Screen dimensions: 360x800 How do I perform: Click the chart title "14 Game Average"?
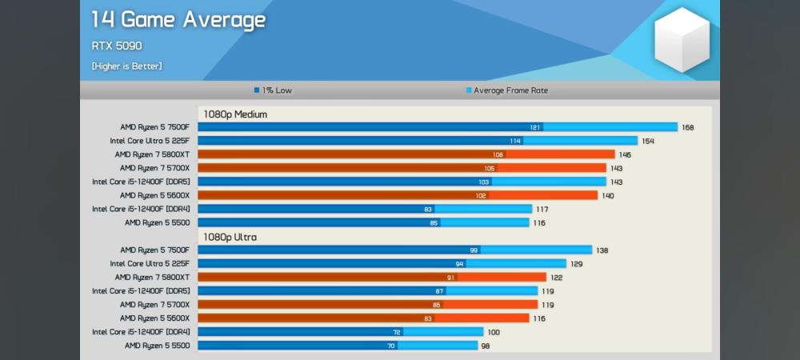[x=178, y=20]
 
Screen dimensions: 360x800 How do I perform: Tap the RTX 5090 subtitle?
[x=116, y=46]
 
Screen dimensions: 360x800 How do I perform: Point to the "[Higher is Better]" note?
[x=126, y=66]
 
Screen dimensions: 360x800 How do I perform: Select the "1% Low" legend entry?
[x=273, y=90]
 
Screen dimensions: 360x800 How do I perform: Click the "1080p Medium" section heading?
[x=234, y=114]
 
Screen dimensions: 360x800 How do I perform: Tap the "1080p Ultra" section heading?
[x=230, y=237]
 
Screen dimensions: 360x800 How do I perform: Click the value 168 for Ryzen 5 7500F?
[x=687, y=127]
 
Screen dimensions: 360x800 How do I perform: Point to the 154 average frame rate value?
[x=647, y=141]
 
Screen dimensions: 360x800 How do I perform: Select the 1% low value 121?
[x=534, y=127]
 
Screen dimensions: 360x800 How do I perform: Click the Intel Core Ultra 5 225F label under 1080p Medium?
[x=150, y=141]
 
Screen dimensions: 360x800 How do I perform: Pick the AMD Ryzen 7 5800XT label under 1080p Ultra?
[x=152, y=277]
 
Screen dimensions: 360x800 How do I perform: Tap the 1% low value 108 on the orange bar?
[x=498, y=154]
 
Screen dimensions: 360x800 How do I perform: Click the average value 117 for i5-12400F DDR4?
[x=542, y=209]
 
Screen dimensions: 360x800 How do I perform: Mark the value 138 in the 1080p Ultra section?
[x=602, y=250]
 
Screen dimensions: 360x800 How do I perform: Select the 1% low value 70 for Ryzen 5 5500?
[x=391, y=346]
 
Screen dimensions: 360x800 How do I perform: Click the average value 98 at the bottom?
[x=485, y=346]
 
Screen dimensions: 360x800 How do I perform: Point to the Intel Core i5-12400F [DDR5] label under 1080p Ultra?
[x=141, y=290]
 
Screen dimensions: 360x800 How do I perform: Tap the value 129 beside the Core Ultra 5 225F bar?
[x=577, y=263]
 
